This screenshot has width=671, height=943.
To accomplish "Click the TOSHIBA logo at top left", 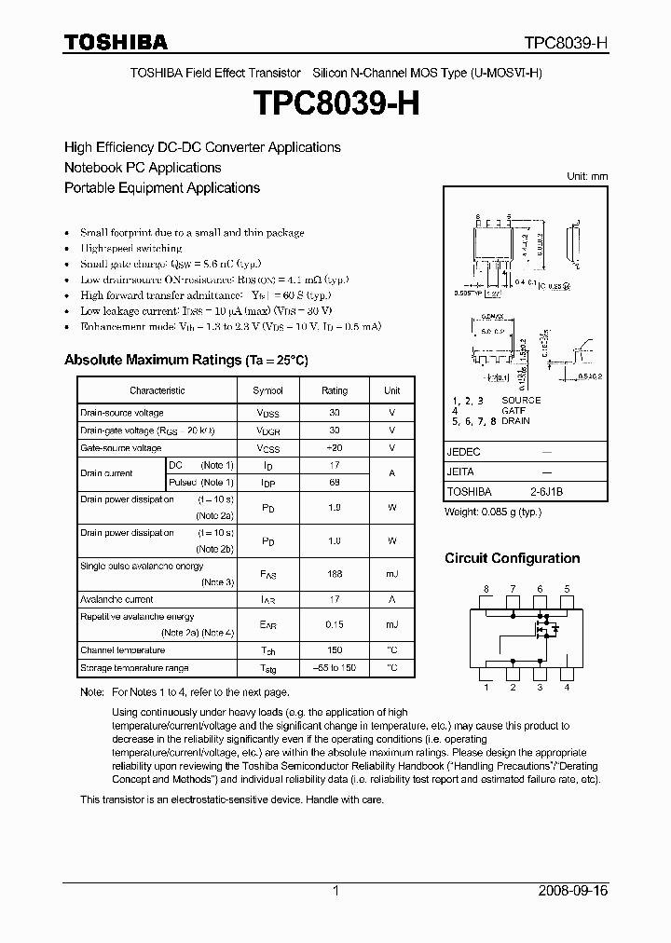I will pos(116,42).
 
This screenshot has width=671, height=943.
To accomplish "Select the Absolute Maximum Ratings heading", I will pos(185,360).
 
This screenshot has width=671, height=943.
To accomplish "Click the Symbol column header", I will pos(267,391).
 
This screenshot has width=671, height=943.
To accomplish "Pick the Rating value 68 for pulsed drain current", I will pos(334,483).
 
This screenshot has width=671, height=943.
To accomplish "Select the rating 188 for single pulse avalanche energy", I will pos(334,574).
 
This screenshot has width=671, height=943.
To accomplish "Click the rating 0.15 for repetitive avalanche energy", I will pos(334,624).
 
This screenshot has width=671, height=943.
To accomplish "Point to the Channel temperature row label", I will pos(122,650).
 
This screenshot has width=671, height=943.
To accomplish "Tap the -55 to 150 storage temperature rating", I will pos(334,668).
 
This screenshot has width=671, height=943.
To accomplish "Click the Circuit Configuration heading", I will pos(512,558).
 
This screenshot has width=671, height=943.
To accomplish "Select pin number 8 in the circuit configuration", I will pos(486,589).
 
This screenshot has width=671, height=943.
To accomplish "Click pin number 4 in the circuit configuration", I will pos(567,688).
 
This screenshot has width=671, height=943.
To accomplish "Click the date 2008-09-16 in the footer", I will pos(572,891).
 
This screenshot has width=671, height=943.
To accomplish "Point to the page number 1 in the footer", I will pos(335,891).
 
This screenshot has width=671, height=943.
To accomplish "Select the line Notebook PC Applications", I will pos(143,168).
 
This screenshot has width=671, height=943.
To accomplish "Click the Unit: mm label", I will pos(587,176).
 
